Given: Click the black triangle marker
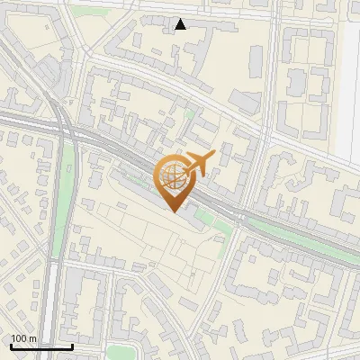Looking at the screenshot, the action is (181, 24).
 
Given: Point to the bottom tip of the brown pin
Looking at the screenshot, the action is (173, 211).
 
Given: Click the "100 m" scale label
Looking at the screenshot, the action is (23, 338).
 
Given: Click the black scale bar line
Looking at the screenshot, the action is (40, 346).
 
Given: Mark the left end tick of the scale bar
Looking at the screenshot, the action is (10, 345).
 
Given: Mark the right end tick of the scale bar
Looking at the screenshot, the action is (72, 345).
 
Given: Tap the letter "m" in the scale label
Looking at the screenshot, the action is (33, 338).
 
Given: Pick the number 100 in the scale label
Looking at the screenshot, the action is (19, 338).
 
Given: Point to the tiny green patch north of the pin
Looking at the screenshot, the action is (188, 114).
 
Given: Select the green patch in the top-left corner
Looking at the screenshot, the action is (85, 12).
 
